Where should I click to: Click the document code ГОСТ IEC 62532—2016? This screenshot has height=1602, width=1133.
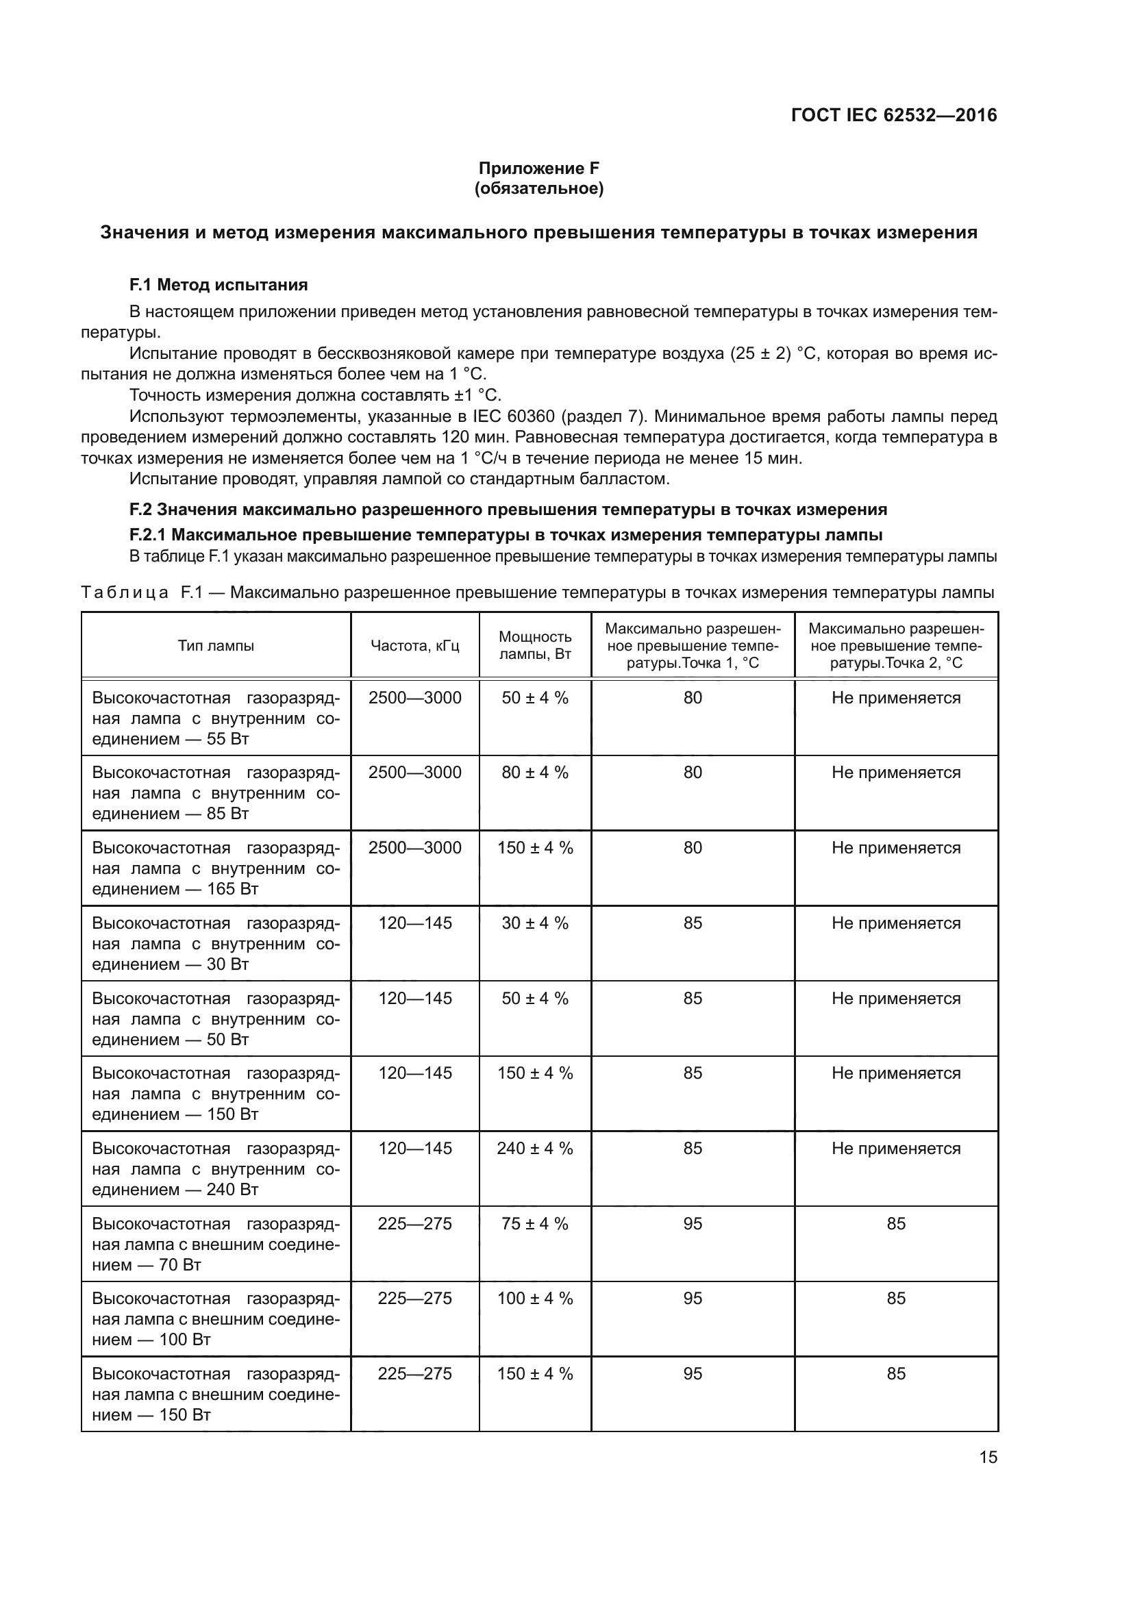click(x=894, y=115)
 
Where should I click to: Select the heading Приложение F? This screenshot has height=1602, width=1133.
click(x=538, y=168)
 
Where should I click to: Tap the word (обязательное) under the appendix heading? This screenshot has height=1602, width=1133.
click(x=538, y=188)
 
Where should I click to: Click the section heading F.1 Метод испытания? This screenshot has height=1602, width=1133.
click(x=219, y=285)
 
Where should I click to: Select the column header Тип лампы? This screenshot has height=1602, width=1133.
click(x=216, y=645)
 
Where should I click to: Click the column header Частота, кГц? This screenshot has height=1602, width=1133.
click(x=415, y=645)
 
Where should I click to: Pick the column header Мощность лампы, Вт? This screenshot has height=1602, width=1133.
click(x=535, y=645)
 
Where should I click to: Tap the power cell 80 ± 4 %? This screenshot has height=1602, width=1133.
click(x=535, y=773)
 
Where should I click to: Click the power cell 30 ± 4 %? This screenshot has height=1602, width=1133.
click(x=535, y=923)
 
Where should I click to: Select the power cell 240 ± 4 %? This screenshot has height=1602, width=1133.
click(x=535, y=1149)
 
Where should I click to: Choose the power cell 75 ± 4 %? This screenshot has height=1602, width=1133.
click(x=535, y=1224)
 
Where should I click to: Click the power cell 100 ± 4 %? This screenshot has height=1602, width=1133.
click(x=535, y=1299)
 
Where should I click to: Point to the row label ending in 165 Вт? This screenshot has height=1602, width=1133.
click(x=216, y=868)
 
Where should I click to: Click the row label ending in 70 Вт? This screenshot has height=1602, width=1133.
click(x=216, y=1244)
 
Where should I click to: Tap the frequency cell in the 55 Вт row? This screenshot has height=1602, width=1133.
click(x=415, y=698)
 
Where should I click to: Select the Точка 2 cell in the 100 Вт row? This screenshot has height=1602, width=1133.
click(x=896, y=1299)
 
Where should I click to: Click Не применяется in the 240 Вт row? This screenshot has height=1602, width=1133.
click(x=896, y=1149)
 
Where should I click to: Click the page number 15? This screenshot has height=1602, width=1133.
click(x=988, y=1457)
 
